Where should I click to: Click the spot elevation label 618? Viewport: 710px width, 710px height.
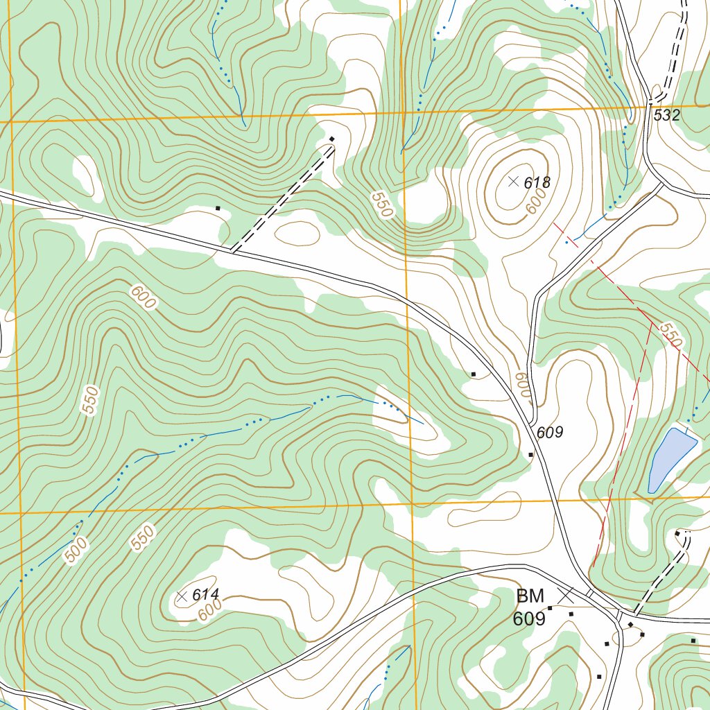pyautogui.click(x=537, y=183)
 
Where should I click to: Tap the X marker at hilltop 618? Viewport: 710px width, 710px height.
pyautogui.click(x=513, y=182)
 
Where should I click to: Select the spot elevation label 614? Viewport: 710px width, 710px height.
pyautogui.click(x=205, y=595)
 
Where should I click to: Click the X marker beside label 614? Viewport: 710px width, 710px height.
pyautogui.click(x=182, y=596)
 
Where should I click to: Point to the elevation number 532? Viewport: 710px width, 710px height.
pyautogui.click(x=666, y=116)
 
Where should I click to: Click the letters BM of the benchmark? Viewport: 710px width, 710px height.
pyautogui.click(x=530, y=596)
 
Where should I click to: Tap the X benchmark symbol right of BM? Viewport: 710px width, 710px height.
pyautogui.click(x=566, y=595)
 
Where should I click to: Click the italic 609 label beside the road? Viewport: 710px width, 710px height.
pyautogui.click(x=549, y=433)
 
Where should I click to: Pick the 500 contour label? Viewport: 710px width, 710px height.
pyautogui.click(x=77, y=550)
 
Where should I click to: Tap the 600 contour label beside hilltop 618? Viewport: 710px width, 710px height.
pyautogui.click(x=536, y=202)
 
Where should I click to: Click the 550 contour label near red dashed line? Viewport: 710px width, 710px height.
pyautogui.click(x=670, y=335)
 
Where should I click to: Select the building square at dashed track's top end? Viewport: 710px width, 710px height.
pyautogui.click(x=331, y=139)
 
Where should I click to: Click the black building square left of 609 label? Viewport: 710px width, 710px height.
pyautogui.click(x=531, y=455)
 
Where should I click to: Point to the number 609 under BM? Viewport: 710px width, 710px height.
pyautogui.click(x=529, y=618)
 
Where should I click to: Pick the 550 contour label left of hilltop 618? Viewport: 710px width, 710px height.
pyautogui.click(x=381, y=205)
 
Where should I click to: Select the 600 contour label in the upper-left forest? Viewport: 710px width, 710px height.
pyautogui.click(x=143, y=297)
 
